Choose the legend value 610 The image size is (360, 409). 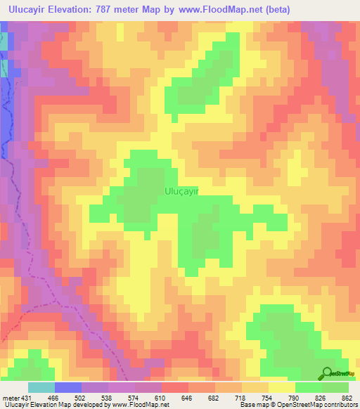point(161,397)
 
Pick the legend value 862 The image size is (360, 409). point(346,397)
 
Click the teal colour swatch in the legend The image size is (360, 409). point(41,387)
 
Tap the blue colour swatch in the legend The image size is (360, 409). point(68,387)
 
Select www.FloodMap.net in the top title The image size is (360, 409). point(219,11)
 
